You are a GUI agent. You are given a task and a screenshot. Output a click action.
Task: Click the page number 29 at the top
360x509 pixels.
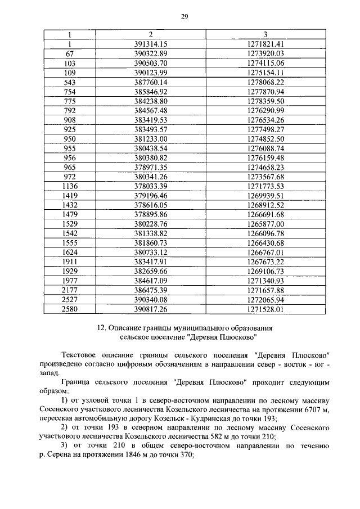183,17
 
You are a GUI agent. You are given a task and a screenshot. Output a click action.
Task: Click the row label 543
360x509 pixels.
70,82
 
